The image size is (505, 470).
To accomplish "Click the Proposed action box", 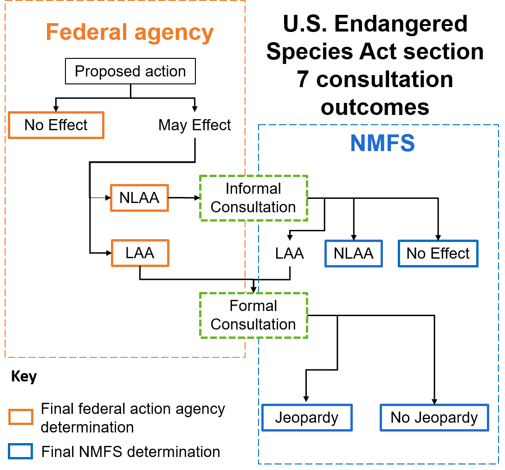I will pyautogui.click(x=130, y=71).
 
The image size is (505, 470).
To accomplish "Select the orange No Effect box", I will pyautogui.click(x=56, y=125).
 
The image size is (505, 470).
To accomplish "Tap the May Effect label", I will pyautogui.click(x=194, y=125).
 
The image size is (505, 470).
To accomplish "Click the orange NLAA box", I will pyautogui.click(x=139, y=198).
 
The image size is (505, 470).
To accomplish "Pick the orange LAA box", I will pyautogui.click(x=140, y=253).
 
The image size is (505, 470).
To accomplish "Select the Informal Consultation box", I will pyautogui.click(x=253, y=198).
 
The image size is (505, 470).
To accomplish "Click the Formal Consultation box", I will pyautogui.click(x=253, y=315).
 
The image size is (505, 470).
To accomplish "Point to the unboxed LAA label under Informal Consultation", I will pyautogui.click(x=290, y=254).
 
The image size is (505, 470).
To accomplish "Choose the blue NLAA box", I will pyautogui.click(x=354, y=254).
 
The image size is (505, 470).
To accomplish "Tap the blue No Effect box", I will pyautogui.click(x=438, y=254).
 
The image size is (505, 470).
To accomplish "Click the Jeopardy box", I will pyautogui.click(x=307, y=418).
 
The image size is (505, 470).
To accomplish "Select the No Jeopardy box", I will pyautogui.click(x=434, y=418).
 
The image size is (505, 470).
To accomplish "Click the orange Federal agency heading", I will pyautogui.click(x=129, y=32).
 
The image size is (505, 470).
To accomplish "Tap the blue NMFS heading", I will pyautogui.click(x=382, y=143).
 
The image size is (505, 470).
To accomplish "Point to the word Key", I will pyautogui.click(x=24, y=377).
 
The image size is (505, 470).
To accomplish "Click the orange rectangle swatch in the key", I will pyautogui.click(x=20, y=417).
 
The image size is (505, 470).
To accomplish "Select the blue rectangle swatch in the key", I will pyautogui.click(x=20, y=451).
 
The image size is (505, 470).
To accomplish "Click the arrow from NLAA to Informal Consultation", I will pyautogui.click(x=184, y=198).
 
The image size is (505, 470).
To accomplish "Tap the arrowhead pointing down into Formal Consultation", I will pyautogui.click(x=253, y=289).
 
